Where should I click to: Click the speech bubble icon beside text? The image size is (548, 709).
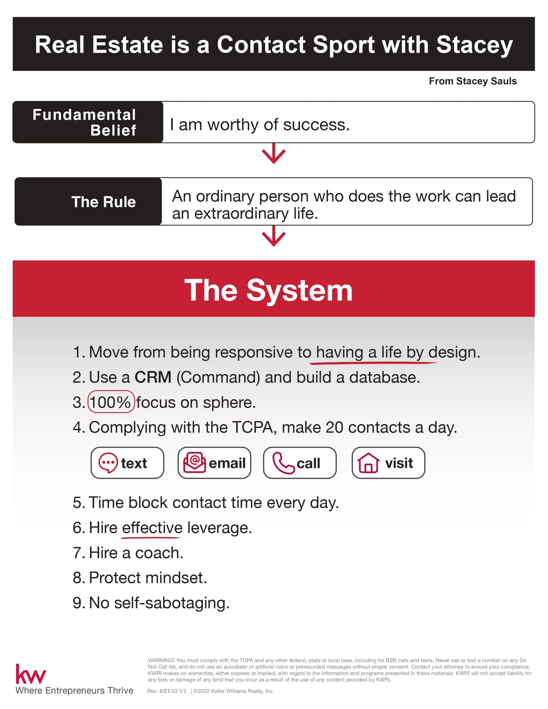click(108, 463)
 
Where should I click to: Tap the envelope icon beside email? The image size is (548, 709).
click(195, 463)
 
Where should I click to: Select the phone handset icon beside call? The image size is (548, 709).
click(283, 463)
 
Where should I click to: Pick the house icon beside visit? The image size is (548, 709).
click(368, 463)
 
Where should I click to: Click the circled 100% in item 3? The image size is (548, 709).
click(111, 402)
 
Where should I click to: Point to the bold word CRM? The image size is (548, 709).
click(153, 377)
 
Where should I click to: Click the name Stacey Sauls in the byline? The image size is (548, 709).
click(486, 81)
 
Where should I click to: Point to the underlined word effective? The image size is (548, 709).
click(152, 527)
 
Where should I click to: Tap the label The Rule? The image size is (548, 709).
click(104, 202)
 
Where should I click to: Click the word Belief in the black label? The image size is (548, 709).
click(113, 130)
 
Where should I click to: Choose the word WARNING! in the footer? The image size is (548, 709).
click(161, 660)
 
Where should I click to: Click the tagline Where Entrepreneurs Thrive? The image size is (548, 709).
click(74, 690)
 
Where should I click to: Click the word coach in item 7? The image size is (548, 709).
click(159, 553)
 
